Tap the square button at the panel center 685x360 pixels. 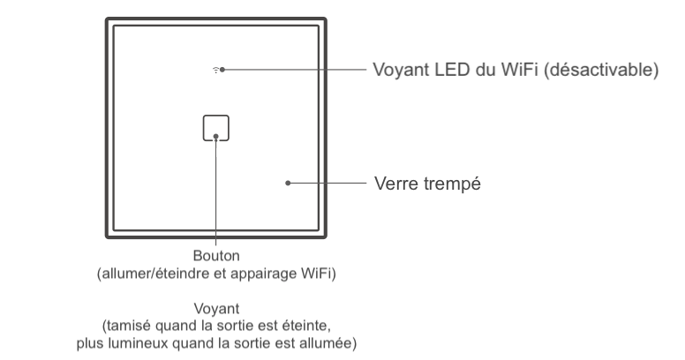(215, 128)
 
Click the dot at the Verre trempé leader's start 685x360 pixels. (288, 184)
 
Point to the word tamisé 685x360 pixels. (128, 325)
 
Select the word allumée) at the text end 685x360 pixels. (330, 341)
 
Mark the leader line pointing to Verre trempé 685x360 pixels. (327, 184)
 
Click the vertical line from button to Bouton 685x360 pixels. (215, 194)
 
